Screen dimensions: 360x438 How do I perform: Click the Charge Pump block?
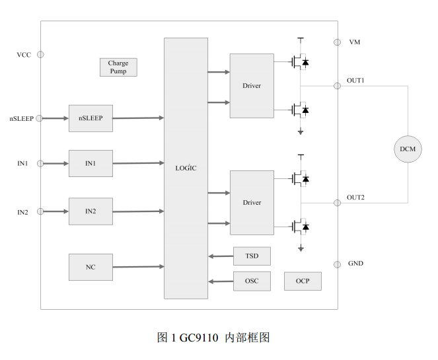[x=118, y=67]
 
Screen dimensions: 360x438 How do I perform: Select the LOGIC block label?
[x=186, y=168]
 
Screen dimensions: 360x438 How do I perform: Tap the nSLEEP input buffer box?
[x=91, y=118]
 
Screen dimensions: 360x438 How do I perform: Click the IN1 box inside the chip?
[x=91, y=163]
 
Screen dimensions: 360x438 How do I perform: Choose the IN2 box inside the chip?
[x=91, y=211]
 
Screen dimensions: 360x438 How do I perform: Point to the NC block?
[x=91, y=267]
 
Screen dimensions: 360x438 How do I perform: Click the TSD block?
[x=252, y=256]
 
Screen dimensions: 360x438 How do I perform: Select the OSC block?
[x=252, y=281]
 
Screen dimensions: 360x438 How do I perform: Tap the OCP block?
[x=303, y=281]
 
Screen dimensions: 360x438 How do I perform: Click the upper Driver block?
[x=252, y=86]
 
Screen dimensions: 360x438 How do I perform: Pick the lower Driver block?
[x=252, y=203]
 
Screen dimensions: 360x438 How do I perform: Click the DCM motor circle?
[x=408, y=149]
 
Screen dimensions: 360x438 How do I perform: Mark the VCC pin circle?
[x=41, y=54]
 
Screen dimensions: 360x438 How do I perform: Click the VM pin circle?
[x=337, y=42]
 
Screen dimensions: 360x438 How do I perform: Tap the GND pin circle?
[x=337, y=264]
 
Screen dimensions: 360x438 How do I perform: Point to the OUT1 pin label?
[x=355, y=80]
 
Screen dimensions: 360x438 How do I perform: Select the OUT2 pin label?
[x=355, y=198]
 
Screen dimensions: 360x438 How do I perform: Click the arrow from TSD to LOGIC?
[x=220, y=256]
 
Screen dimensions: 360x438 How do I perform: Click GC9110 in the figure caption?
[x=199, y=338]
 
